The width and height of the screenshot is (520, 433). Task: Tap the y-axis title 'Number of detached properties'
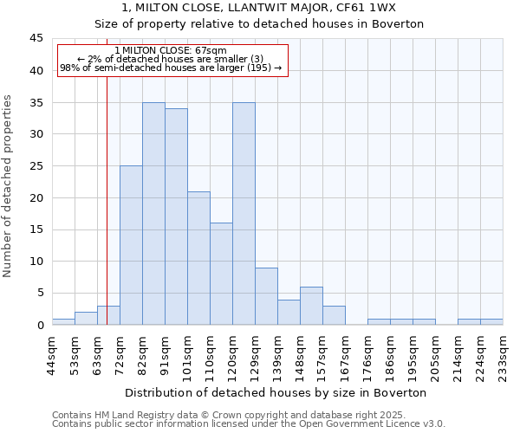8,186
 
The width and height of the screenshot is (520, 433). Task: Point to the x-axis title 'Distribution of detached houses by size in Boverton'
277,392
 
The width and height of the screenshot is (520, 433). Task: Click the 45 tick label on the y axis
36,39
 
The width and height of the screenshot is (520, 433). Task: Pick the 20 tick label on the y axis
36,197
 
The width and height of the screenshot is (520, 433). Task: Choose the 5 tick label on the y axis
40,293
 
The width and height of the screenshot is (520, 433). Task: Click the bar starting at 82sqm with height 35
153,214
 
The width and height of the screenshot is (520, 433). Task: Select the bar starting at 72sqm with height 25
131,245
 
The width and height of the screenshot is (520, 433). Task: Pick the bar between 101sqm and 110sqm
198,258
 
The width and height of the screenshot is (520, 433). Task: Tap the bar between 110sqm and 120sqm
221,274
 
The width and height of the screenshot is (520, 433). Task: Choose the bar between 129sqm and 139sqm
266,296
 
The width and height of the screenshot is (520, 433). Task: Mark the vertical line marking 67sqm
107,199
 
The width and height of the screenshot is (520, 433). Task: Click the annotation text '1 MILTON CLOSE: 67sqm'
171,50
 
